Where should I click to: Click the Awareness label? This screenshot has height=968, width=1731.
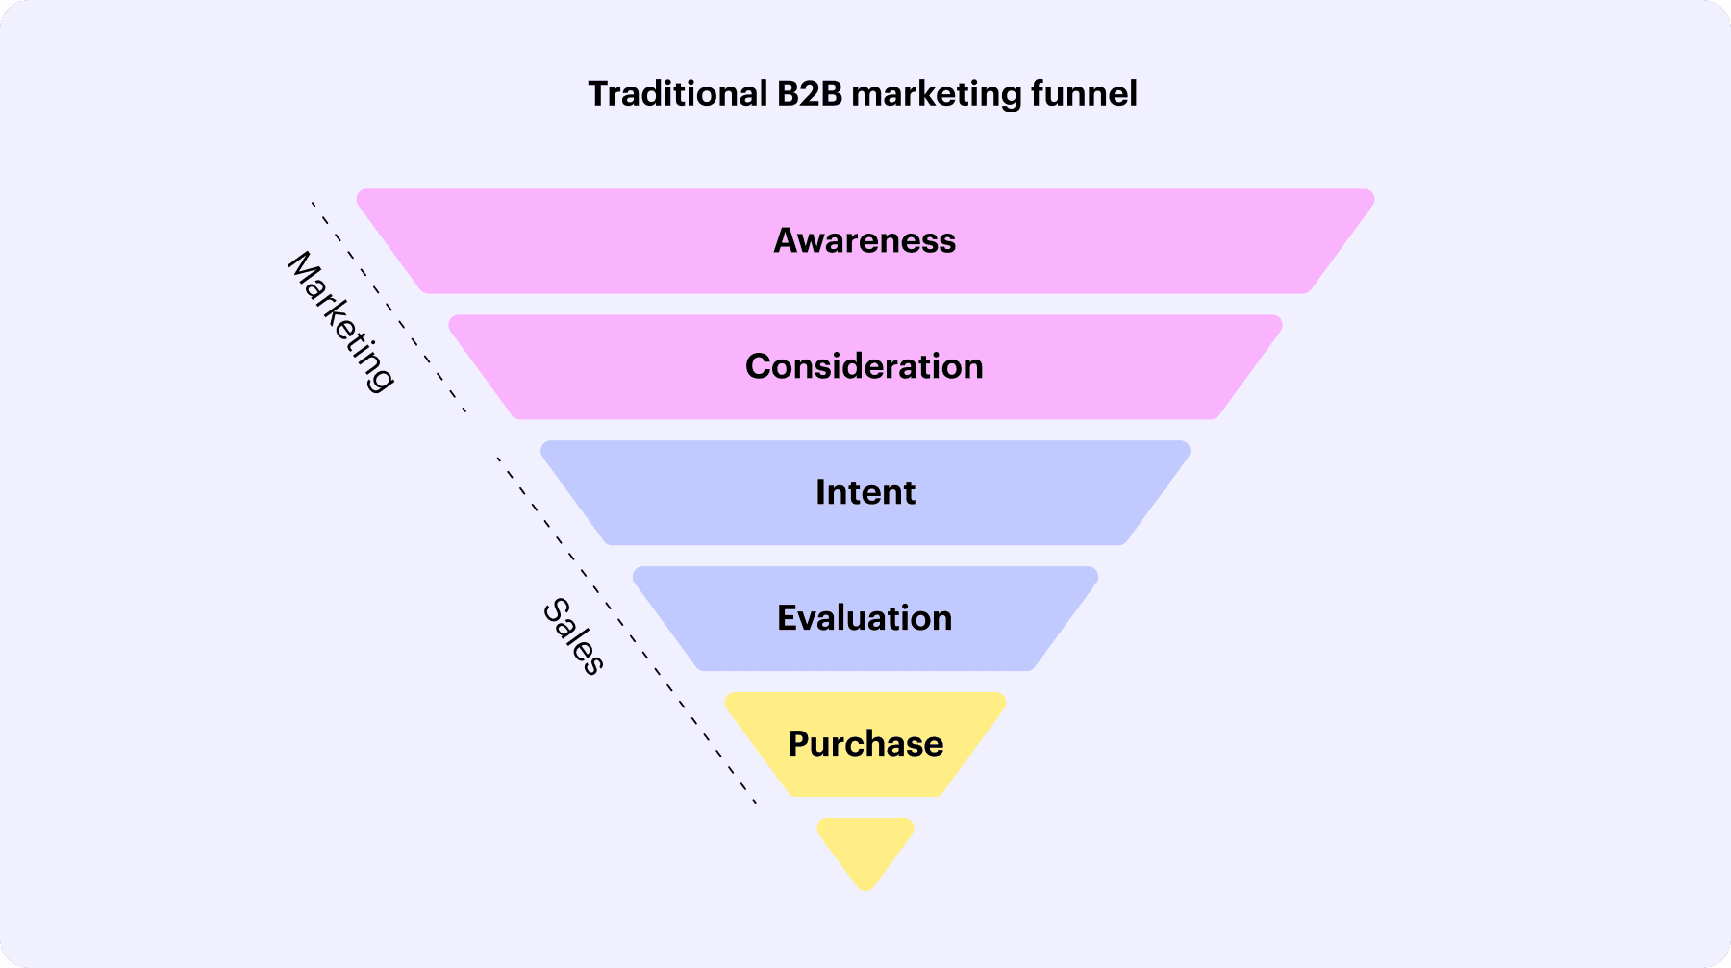(x=865, y=240)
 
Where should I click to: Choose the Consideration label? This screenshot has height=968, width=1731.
(x=865, y=366)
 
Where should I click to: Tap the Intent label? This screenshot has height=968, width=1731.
(x=865, y=492)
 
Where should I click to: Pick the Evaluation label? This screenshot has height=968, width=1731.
(x=865, y=618)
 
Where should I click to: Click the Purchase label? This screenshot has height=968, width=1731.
(x=865, y=744)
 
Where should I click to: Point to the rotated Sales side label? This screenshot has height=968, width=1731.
(x=574, y=636)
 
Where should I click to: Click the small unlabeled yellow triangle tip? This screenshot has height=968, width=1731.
(x=865, y=853)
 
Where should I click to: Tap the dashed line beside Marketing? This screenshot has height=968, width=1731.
(x=389, y=308)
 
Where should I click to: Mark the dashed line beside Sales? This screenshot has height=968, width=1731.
(x=627, y=631)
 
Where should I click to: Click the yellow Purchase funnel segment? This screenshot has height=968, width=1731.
(x=865, y=744)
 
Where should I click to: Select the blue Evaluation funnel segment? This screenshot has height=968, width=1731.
(x=865, y=618)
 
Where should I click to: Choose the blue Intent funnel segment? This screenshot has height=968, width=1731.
(x=865, y=492)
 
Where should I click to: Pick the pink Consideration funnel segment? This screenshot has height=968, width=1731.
(x=865, y=366)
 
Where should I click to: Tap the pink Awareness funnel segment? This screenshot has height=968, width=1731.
(x=865, y=240)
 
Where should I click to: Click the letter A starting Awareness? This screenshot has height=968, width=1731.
(x=788, y=240)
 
